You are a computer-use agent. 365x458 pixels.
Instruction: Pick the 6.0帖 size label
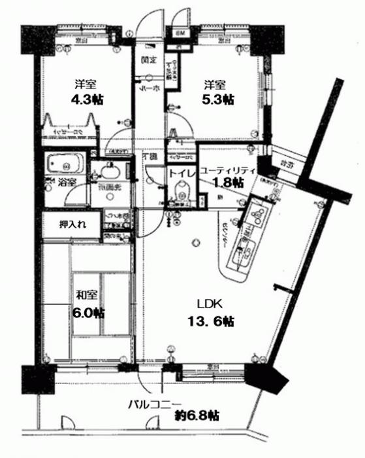(x=87, y=312)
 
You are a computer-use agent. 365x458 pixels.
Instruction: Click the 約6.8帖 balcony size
(x=197, y=415)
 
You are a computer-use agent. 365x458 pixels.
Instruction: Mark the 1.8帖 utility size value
(x=227, y=183)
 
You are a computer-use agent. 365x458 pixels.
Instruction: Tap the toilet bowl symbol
(x=180, y=194)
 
